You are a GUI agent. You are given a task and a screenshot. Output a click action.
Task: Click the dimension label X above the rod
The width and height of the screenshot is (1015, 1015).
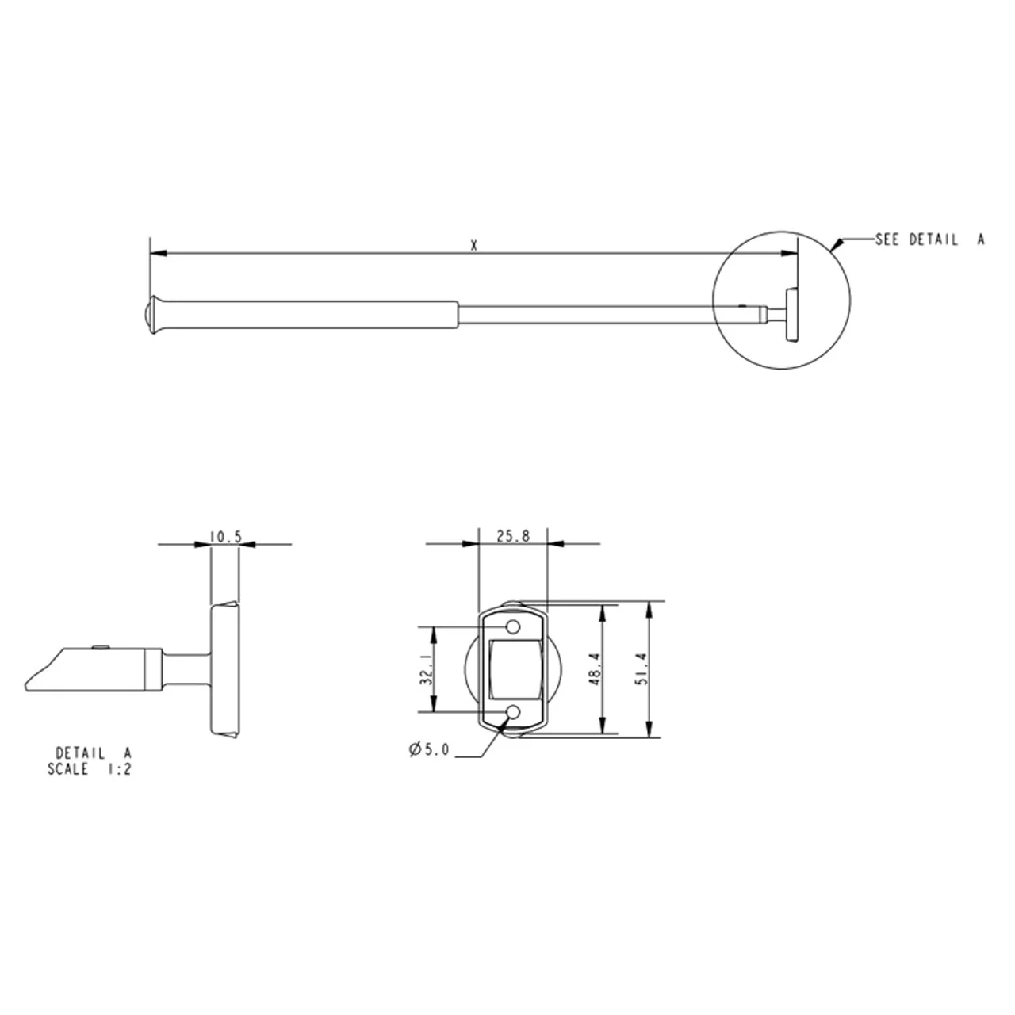(473, 246)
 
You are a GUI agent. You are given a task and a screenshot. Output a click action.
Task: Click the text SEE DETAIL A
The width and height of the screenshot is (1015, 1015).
(929, 239)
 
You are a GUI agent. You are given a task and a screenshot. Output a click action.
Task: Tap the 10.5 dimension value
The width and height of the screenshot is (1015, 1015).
(225, 537)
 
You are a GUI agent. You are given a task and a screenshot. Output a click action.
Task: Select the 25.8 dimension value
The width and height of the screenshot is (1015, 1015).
(513, 536)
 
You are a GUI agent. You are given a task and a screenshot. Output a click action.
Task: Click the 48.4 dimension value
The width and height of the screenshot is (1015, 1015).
(596, 669)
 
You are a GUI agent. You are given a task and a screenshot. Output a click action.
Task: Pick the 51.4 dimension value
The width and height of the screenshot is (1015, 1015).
(642, 669)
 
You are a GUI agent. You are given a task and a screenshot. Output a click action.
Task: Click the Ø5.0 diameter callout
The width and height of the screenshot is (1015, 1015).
(429, 749)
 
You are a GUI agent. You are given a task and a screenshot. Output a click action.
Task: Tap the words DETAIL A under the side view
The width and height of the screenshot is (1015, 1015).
(94, 753)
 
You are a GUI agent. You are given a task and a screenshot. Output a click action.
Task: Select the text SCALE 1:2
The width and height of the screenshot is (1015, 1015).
(89, 769)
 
